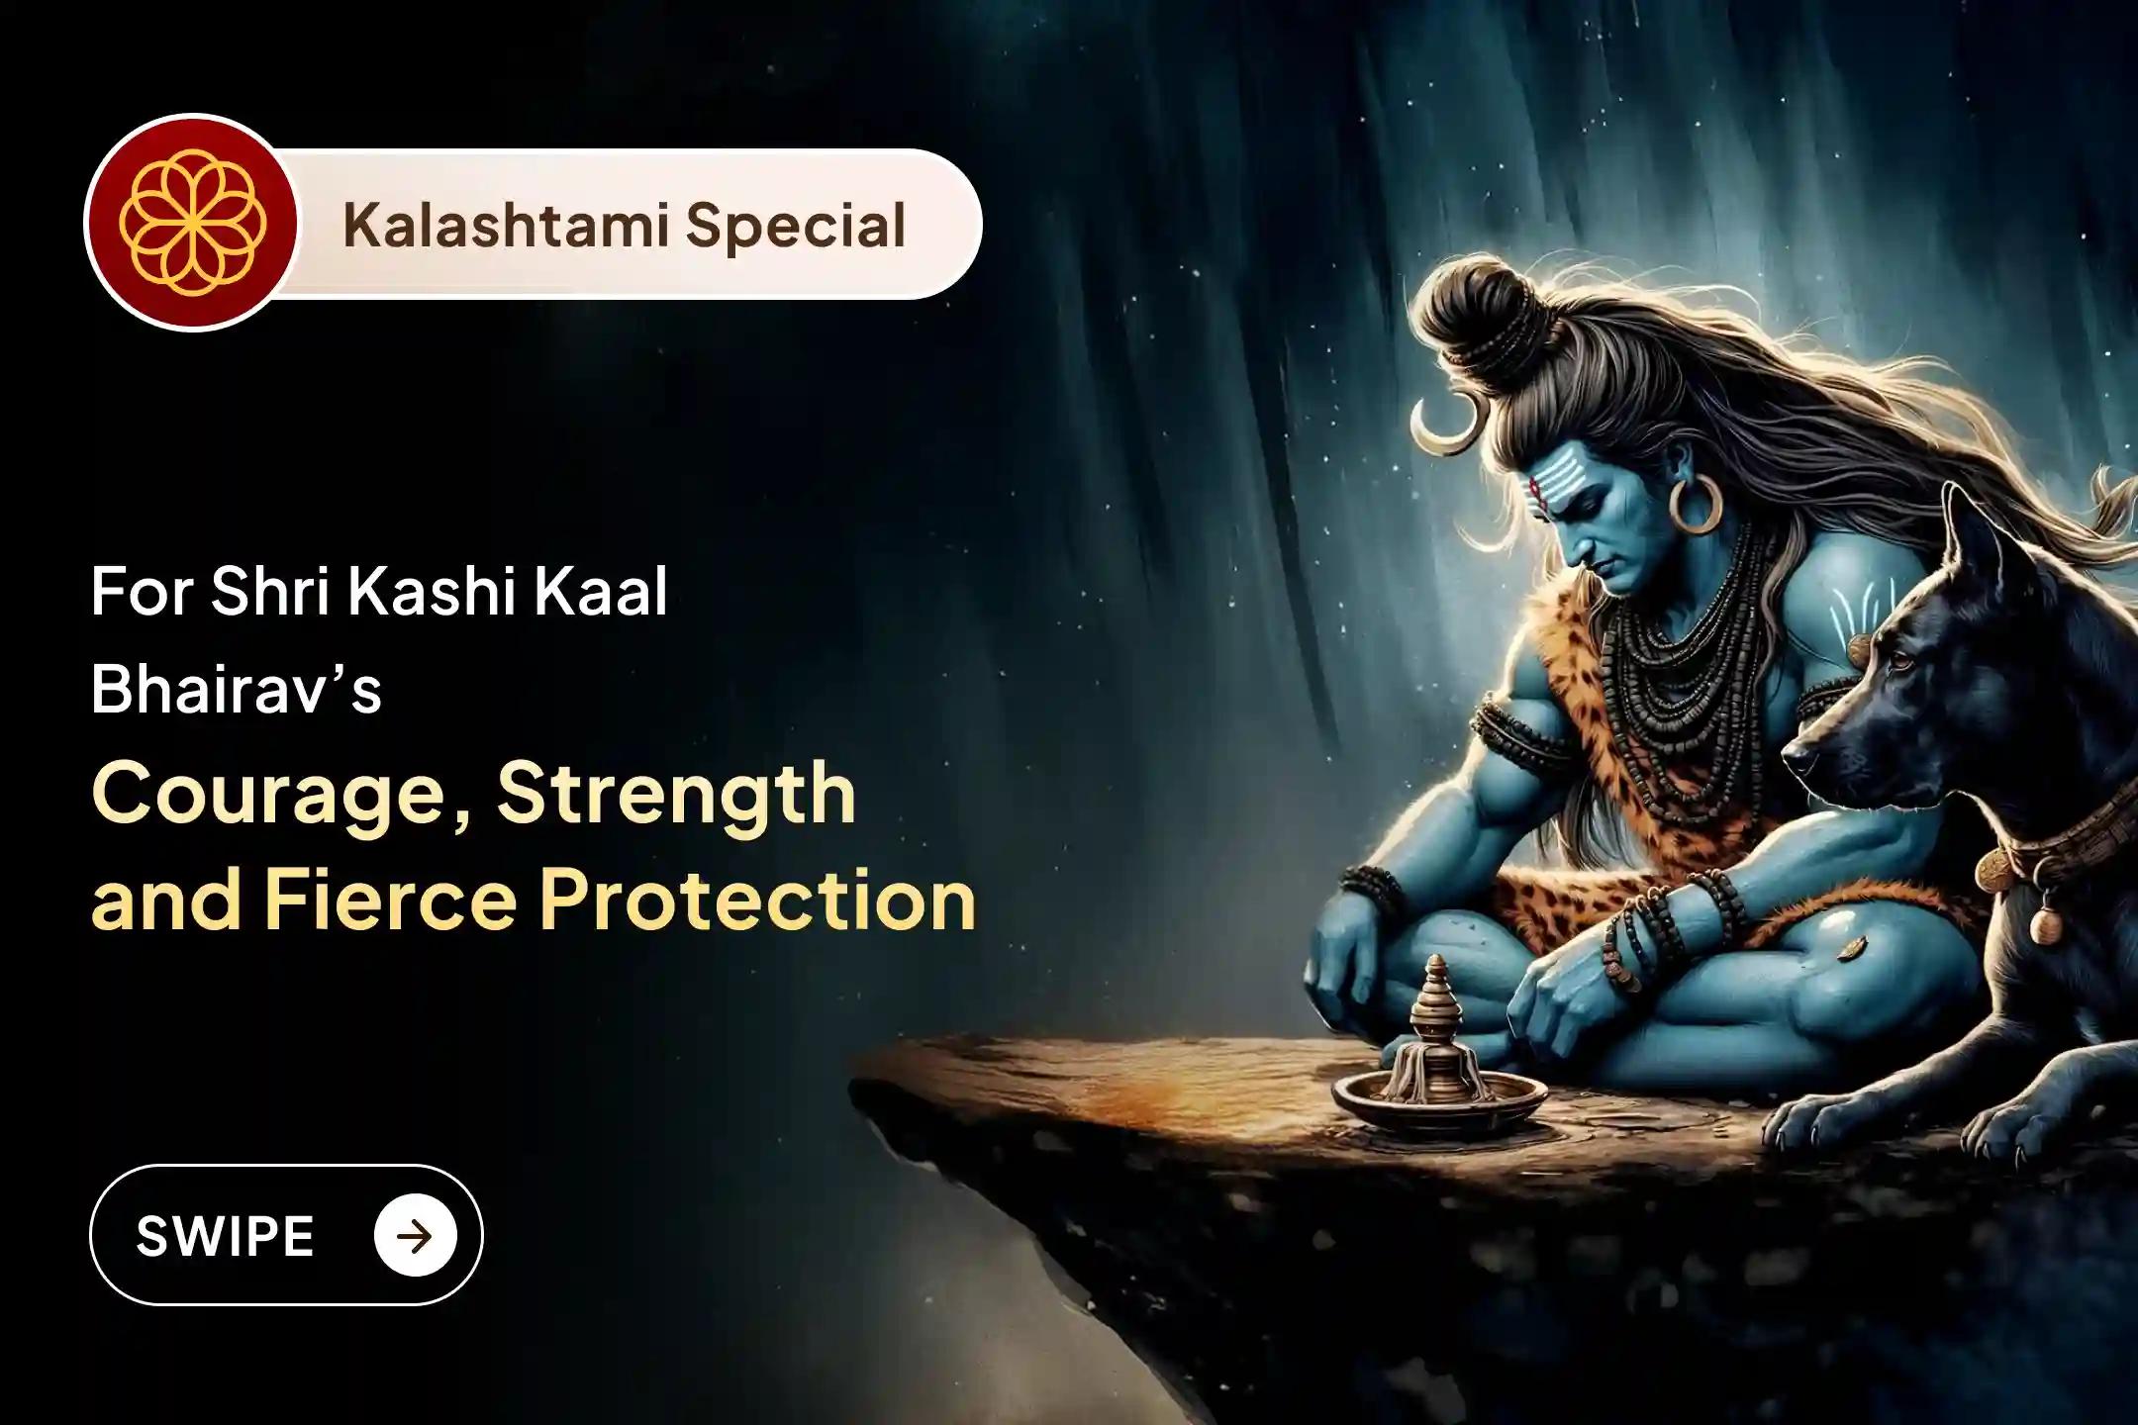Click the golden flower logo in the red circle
click(191, 223)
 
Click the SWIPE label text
click(225, 1236)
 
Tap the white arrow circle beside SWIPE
click(416, 1235)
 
